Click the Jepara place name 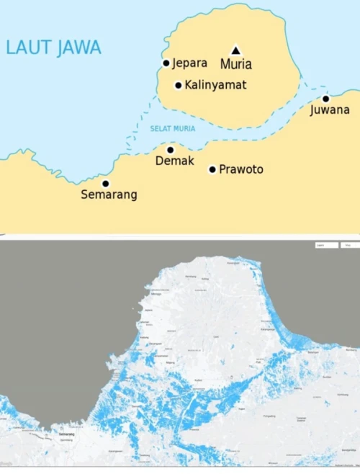[189, 63]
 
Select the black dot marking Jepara [166, 63]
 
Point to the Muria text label [236, 64]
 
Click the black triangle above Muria [235, 50]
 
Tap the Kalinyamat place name [215, 85]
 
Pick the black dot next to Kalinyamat [179, 85]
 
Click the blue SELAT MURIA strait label [172, 129]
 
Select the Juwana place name [330, 110]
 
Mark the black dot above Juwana [325, 99]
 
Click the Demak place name [175, 161]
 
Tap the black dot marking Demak [170, 150]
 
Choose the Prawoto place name [241, 170]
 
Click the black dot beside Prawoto [212, 170]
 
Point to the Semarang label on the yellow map [109, 194]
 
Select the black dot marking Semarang [105, 184]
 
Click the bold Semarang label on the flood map [67, 435]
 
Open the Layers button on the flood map [326, 246]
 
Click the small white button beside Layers [348, 246]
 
